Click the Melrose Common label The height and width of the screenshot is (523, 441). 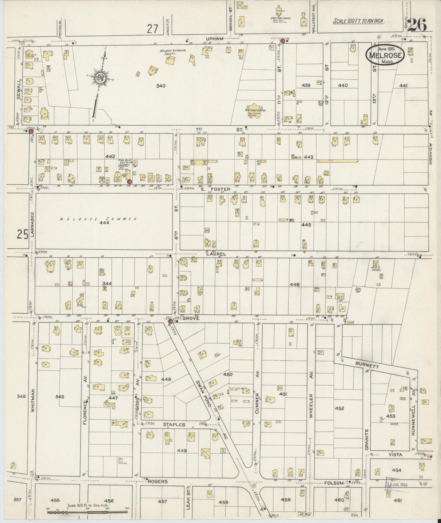tap(98, 219)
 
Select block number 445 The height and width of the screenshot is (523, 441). tap(306, 225)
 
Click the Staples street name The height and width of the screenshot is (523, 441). tap(174, 424)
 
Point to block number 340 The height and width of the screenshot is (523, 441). tap(161, 86)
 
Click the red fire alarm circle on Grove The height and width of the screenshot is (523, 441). tap(170, 321)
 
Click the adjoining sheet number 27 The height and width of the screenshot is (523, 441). tap(152, 29)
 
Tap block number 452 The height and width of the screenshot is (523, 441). tap(339, 408)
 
